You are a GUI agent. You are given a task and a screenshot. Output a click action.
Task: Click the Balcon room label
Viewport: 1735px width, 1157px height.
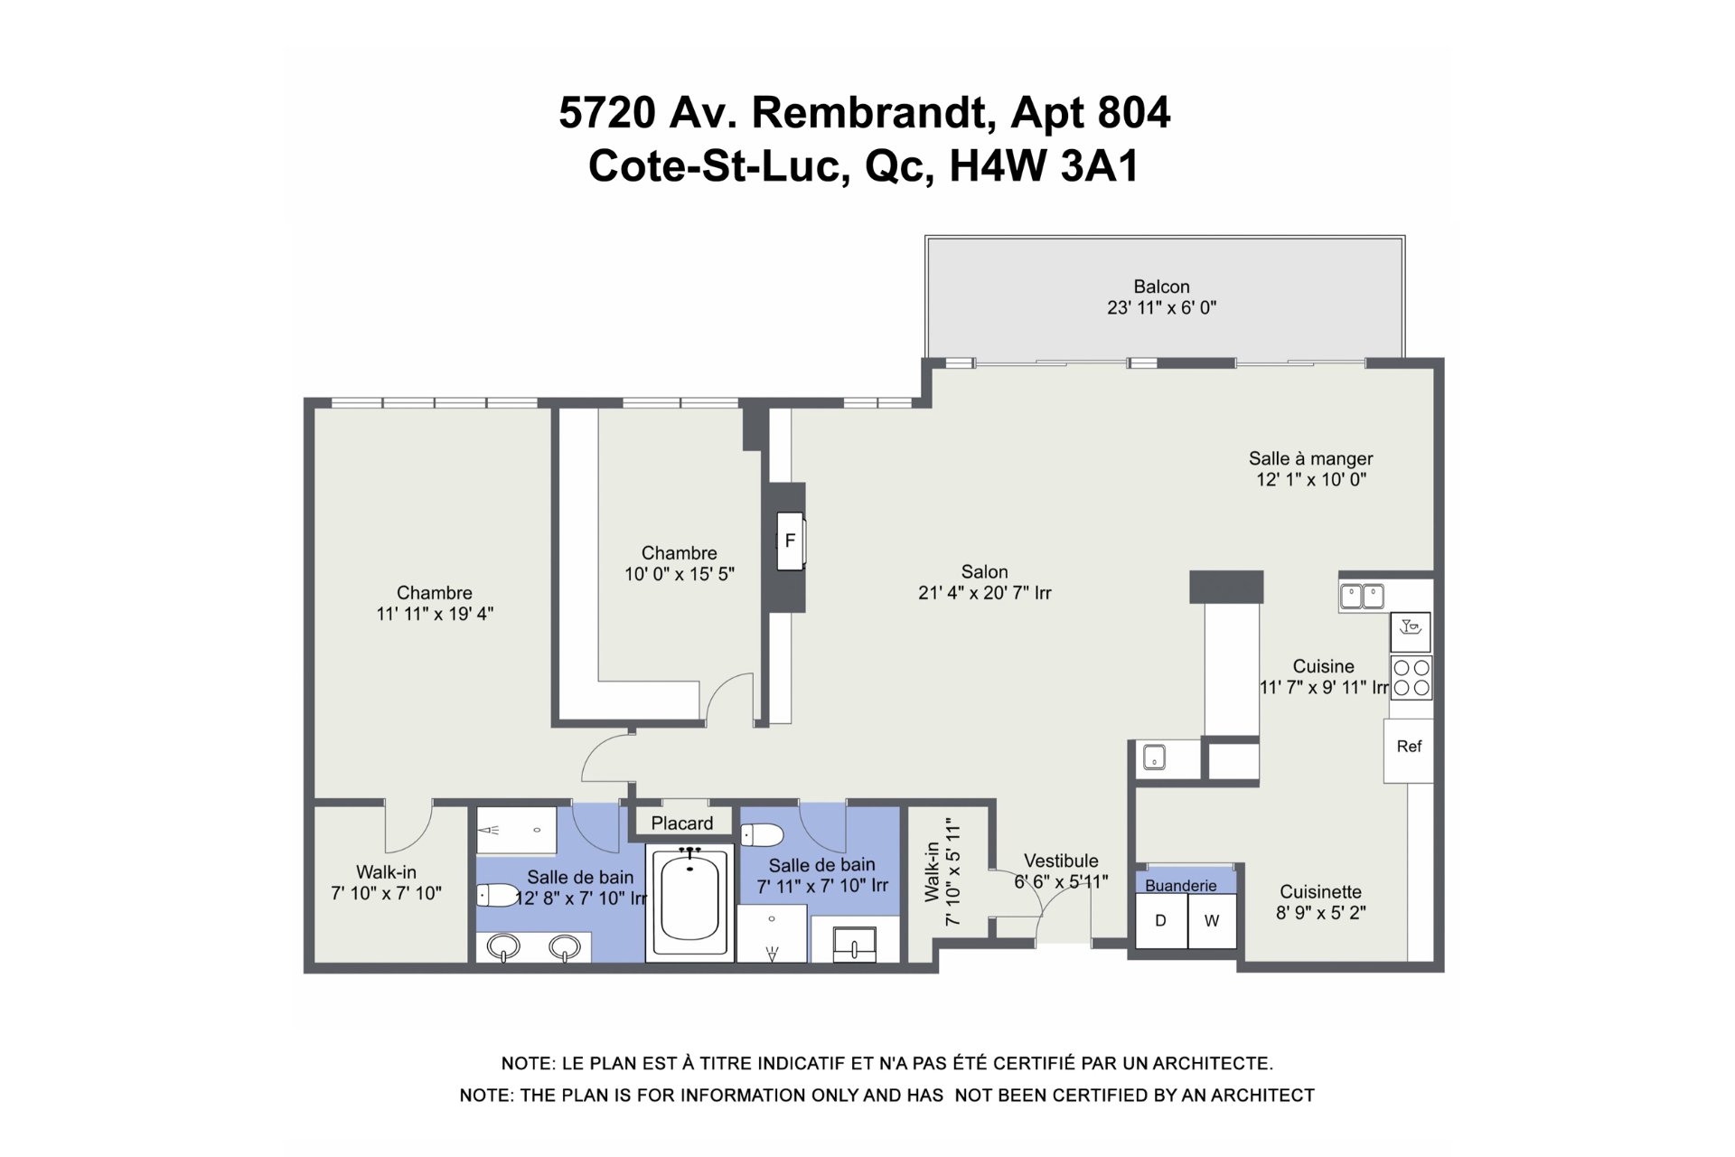pyautogui.click(x=1161, y=287)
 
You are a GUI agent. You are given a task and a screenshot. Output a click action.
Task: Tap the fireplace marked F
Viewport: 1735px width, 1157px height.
pyautogui.click(x=791, y=541)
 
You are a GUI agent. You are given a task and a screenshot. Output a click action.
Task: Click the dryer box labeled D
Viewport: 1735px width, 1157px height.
pyautogui.click(x=1161, y=921)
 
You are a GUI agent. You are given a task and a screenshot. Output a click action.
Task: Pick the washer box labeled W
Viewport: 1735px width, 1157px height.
pyautogui.click(x=1212, y=921)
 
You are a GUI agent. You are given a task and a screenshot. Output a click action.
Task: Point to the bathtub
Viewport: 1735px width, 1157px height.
pyautogui.click(x=690, y=900)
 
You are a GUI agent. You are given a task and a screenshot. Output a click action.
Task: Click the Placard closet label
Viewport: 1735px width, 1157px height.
pyautogui.click(x=682, y=823)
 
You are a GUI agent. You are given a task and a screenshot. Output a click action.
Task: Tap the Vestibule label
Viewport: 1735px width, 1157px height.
pyautogui.click(x=1061, y=861)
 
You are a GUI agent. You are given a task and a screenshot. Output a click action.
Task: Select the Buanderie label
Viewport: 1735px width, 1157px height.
pyautogui.click(x=1181, y=886)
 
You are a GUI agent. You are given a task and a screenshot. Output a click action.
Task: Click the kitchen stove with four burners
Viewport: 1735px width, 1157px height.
pyautogui.click(x=1411, y=679)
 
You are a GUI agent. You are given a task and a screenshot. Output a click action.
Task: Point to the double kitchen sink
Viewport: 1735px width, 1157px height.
pyautogui.click(x=1362, y=597)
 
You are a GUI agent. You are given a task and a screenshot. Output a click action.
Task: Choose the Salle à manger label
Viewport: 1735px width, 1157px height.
pyautogui.click(x=1311, y=459)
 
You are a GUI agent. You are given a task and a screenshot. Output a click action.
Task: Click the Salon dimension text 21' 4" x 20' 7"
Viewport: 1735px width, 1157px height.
pyautogui.click(x=984, y=593)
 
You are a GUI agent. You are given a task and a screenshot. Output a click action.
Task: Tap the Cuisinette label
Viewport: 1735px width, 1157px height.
pyautogui.click(x=1320, y=892)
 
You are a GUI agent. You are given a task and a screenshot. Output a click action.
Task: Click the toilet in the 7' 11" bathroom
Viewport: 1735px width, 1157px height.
pyautogui.click(x=761, y=834)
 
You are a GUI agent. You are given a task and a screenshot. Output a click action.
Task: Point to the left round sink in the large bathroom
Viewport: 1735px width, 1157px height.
pyautogui.click(x=502, y=947)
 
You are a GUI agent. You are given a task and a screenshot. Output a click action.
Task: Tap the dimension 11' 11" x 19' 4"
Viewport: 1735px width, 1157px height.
pyautogui.click(x=435, y=614)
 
